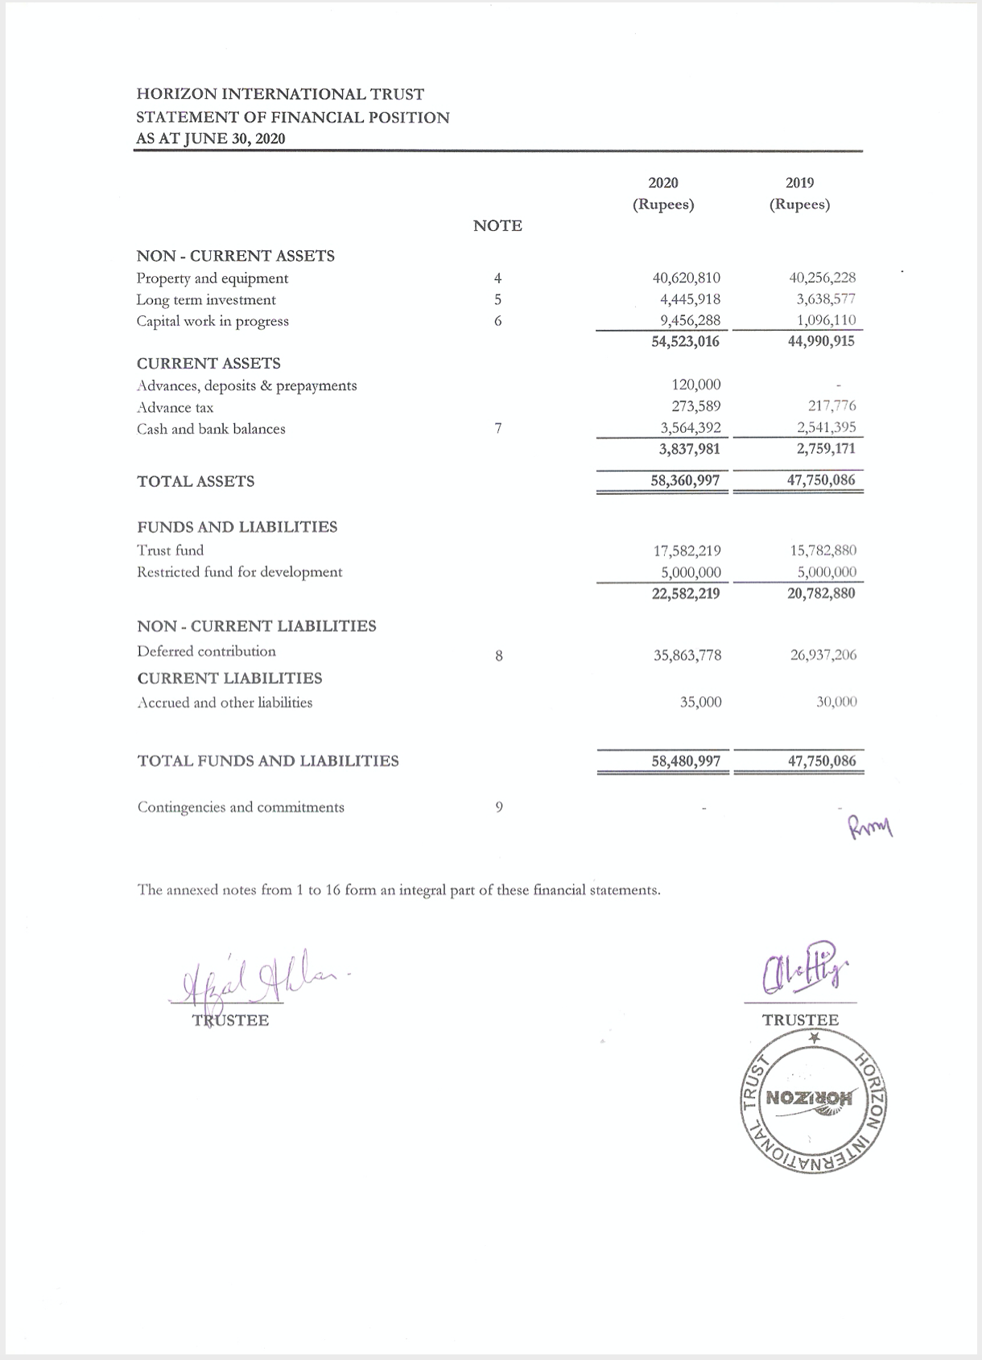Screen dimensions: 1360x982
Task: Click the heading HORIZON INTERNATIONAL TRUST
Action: pyautogui.click(x=280, y=94)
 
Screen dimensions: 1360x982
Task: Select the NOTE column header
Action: pyautogui.click(x=497, y=226)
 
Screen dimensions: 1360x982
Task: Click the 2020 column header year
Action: pyautogui.click(x=662, y=183)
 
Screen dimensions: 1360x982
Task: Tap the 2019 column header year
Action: pyautogui.click(x=799, y=183)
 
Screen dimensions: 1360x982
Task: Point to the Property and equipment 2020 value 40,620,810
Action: pyautogui.click(x=686, y=278)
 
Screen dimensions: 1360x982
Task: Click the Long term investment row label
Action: pyautogui.click(x=206, y=299)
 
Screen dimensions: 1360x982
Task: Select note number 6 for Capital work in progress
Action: pyautogui.click(x=498, y=321)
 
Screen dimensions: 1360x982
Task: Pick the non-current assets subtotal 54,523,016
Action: pyautogui.click(x=685, y=341)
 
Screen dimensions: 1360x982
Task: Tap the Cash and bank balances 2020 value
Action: pyautogui.click(x=686, y=428)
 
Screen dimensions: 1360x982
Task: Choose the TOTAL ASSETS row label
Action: pyautogui.click(x=196, y=481)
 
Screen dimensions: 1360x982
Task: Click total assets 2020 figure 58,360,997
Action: pyautogui.click(x=685, y=480)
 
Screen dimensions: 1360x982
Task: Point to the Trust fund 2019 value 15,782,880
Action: pyautogui.click(x=823, y=550)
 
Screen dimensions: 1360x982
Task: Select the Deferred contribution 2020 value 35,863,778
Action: pyautogui.click(x=687, y=655)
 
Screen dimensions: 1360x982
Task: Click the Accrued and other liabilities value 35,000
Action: pyautogui.click(x=700, y=702)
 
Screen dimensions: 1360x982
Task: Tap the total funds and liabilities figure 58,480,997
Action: pyautogui.click(x=685, y=760)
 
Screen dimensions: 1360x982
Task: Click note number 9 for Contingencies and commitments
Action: pyautogui.click(x=499, y=806)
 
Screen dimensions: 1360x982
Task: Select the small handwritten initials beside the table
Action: pyautogui.click(x=869, y=825)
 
